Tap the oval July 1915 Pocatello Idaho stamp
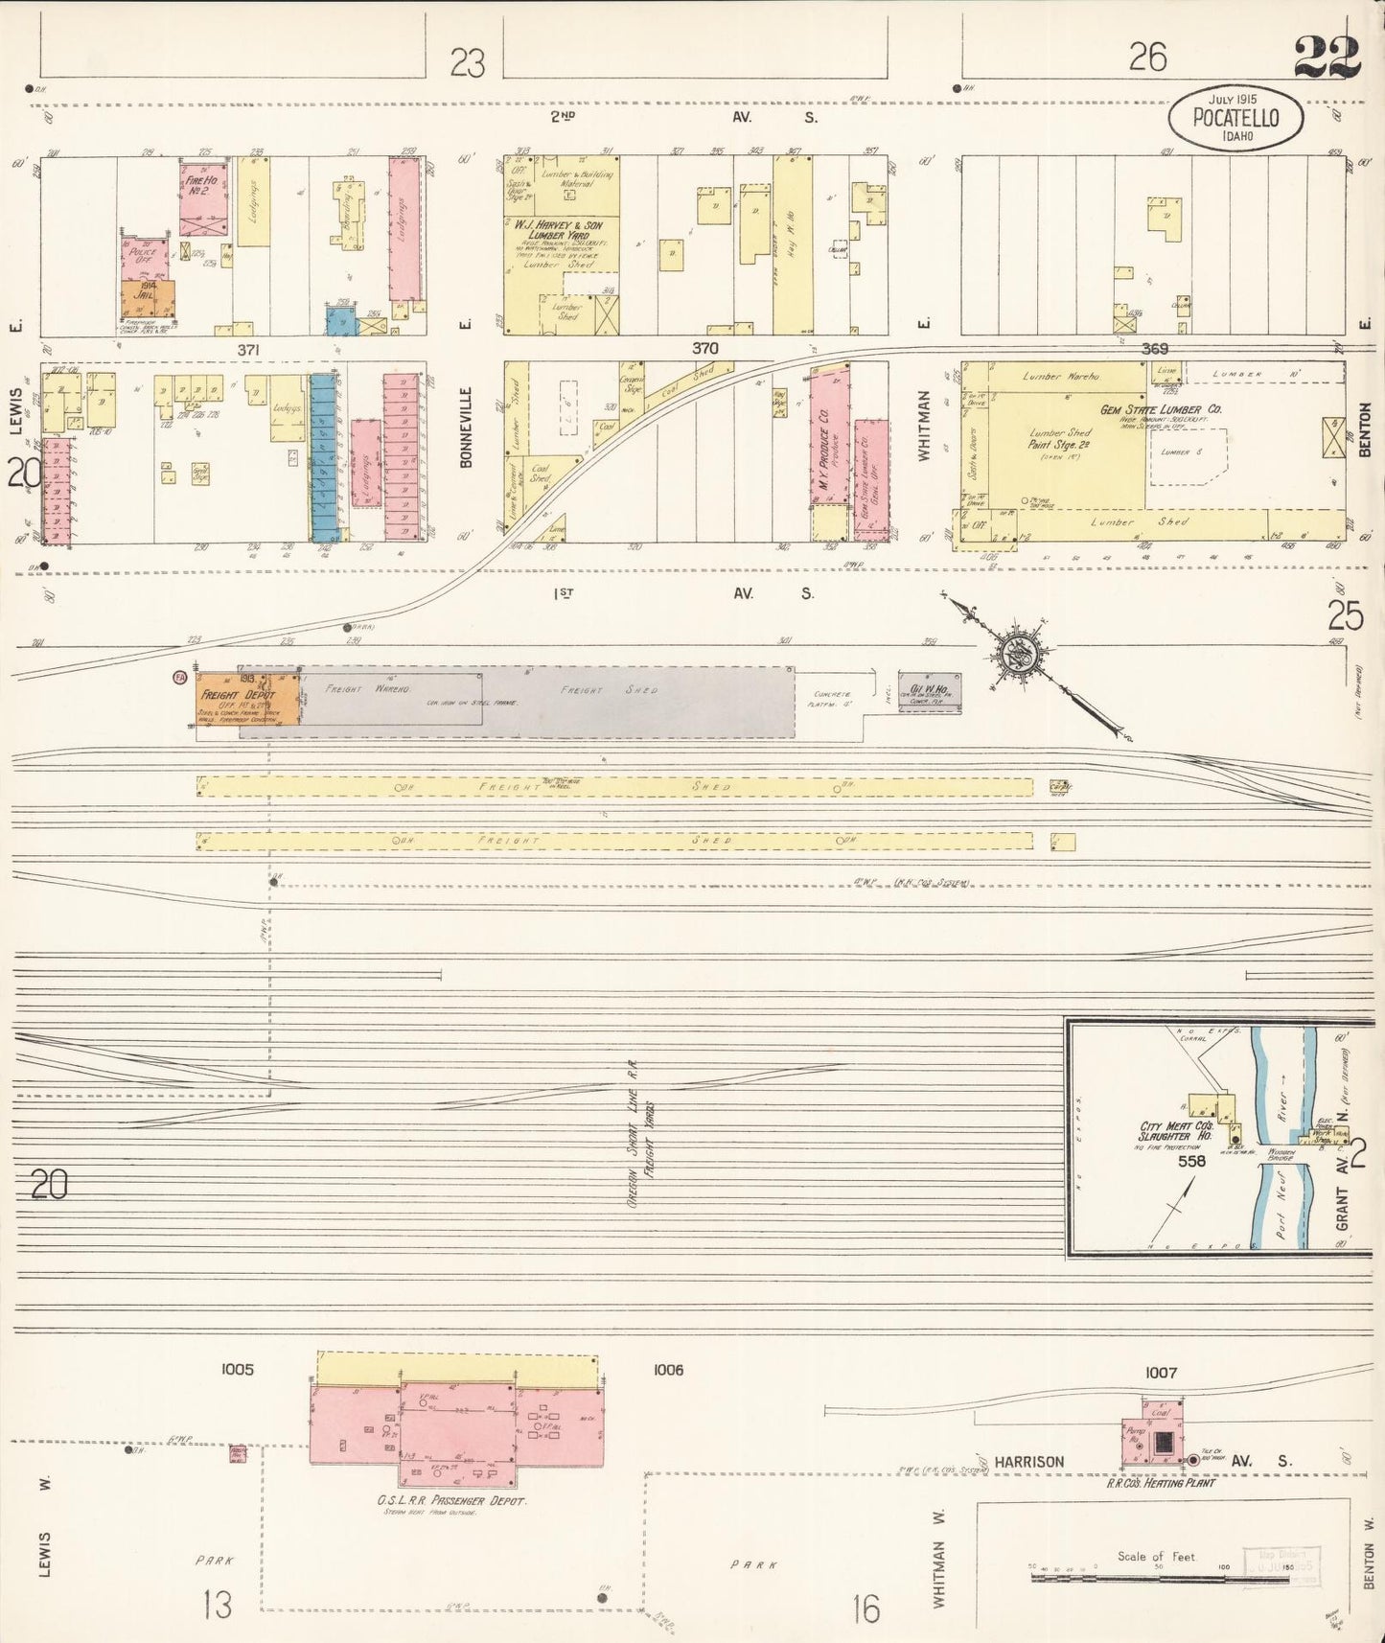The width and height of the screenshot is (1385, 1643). pyautogui.click(x=1235, y=117)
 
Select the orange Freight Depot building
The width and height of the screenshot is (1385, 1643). pyautogui.click(x=236, y=703)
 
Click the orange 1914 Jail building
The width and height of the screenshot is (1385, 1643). pyautogui.click(x=148, y=298)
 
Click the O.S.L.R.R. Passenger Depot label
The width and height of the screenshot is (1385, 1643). pyautogui.click(x=451, y=1501)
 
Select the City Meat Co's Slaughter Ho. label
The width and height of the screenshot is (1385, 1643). pyautogui.click(x=1176, y=1132)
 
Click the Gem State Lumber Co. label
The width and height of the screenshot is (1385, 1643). pyautogui.click(x=1160, y=410)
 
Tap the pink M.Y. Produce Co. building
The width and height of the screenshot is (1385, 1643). pyautogui.click(x=829, y=440)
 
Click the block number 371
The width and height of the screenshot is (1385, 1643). pyautogui.click(x=248, y=350)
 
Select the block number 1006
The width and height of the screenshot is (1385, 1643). pyautogui.click(x=668, y=1370)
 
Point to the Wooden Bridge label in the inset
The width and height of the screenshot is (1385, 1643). pyautogui.click(x=1280, y=1154)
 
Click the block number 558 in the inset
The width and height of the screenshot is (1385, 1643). pyautogui.click(x=1192, y=1161)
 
